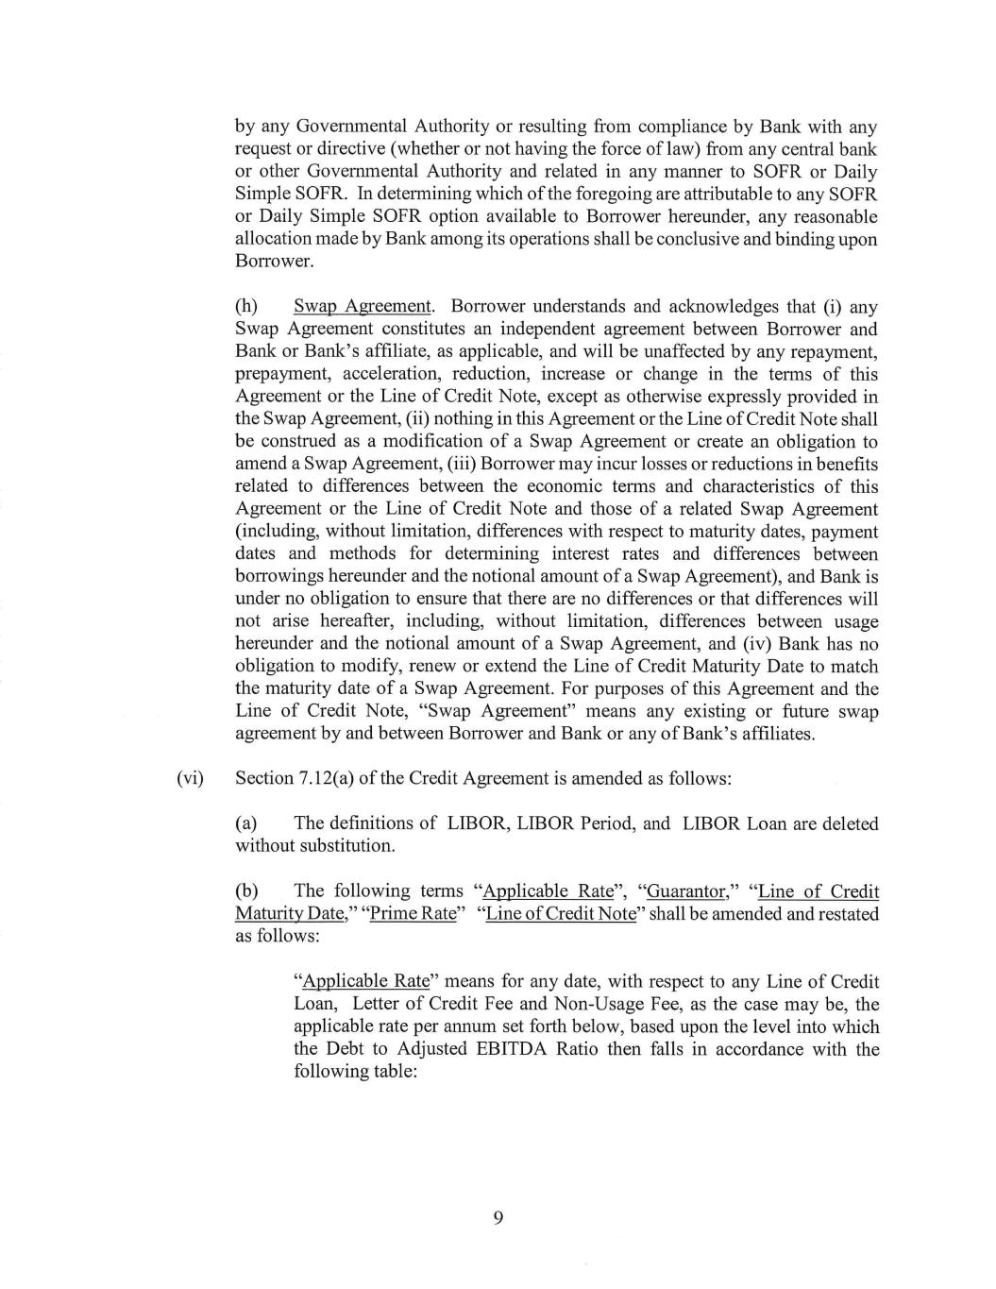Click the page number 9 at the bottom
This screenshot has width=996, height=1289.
pyautogui.click(x=498, y=1217)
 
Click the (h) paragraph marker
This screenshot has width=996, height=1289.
pyautogui.click(x=246, y=307)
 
